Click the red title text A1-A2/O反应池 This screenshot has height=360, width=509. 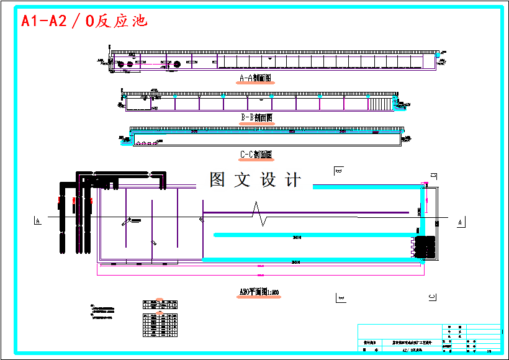tap(84, 21)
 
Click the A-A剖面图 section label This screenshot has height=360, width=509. tap(256, 79)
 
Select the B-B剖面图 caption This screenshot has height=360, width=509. tap(256, 117)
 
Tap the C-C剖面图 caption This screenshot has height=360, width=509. tap(256, 154)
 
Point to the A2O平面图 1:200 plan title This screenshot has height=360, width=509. tap(259, 292)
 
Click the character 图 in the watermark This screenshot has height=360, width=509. tap(217, 180)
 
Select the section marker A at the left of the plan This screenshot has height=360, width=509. tap(38, 221)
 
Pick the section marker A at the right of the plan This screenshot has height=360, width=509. tap(460, 222)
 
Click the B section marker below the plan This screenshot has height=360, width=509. tap(340, 298)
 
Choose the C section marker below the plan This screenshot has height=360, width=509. tap(431, 298)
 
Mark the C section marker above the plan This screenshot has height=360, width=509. tap(434, 174)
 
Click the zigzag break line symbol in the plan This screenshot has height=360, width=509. tap(259, 214)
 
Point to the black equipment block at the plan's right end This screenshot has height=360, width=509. tap(426, 246)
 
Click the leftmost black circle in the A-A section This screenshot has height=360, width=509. tap(121, 64)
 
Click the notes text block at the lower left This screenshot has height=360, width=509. tap(102, 312)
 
